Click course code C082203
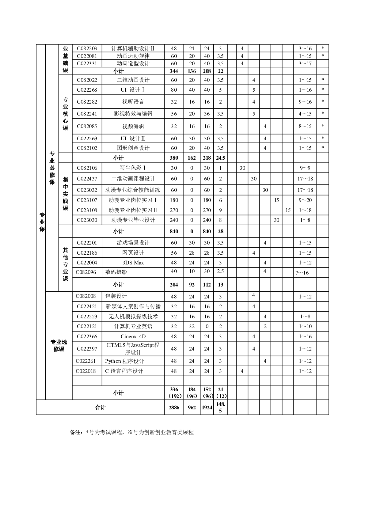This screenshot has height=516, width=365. pyautogui.click(x=87, y=48)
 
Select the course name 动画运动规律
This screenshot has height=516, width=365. pyautogui.click(x=133, y=56)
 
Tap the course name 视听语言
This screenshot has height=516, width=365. pyautogui.click(x=133, y=102)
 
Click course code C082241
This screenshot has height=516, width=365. pyautogui.click(x=87, y=114)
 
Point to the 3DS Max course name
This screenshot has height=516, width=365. pyautogui.click(x=133, y=263)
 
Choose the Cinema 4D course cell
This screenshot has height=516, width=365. pyautogui.click(x=133, y=336)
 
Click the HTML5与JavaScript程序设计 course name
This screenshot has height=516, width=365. pyautogui.click(x=133, y=349)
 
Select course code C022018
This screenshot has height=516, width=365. pyautogui.click(x=86, y=371)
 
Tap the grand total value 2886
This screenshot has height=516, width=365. pyautogui.click(x=174, y=408)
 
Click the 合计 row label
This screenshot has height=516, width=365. pyautogui.click(x=100, y=408)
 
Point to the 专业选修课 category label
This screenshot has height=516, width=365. pyautogui.click(x=59, y=346)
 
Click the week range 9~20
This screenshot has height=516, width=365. pyautogui.click(x=305, y=200)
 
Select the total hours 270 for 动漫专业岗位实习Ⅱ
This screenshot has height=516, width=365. pyautogui.click(x=174, y=210)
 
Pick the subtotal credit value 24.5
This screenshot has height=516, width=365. pyautogui.click(x=220, y=158)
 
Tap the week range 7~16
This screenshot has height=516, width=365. pyautogui.click(x=302, y=273)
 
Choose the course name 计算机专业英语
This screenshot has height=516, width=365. pyautogui.click(x=133, y=326)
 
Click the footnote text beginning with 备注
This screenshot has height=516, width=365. pyautogui.click(x=132, y=432)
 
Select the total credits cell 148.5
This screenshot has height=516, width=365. pyautogui.click(x=220, y=408)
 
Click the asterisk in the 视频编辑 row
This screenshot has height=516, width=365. pyautogui.click(x=322, y=126)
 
